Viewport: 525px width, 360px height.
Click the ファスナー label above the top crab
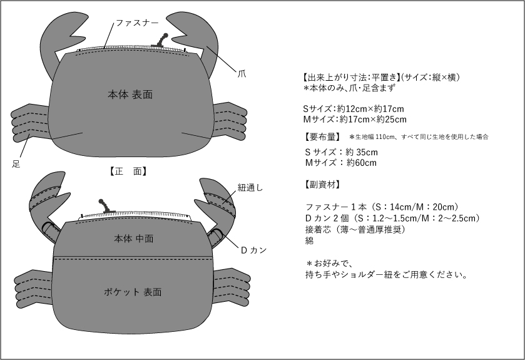137,23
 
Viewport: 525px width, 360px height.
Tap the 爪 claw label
242,73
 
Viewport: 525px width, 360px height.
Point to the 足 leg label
16,164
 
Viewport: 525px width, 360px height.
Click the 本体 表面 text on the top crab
130,95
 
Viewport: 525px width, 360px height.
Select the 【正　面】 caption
128,172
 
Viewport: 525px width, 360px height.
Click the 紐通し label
250,188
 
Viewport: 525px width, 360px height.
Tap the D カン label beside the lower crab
254,250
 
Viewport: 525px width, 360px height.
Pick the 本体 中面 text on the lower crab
133,239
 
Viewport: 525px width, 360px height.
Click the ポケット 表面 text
133,292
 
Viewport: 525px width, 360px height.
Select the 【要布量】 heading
322,136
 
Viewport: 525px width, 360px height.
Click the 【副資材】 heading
322,185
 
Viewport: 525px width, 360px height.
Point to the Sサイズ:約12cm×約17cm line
354,109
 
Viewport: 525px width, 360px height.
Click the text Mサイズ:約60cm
341,163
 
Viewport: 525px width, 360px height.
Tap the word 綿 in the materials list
309,241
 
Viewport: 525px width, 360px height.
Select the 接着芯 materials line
355,229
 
